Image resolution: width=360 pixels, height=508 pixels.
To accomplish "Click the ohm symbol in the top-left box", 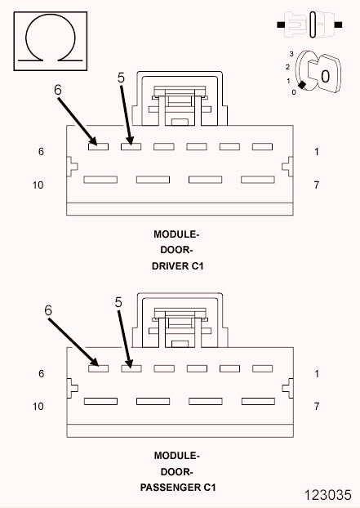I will (50, 38).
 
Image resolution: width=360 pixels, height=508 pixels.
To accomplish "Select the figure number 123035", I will (331, 495).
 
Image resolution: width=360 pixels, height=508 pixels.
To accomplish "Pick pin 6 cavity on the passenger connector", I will (98, 368).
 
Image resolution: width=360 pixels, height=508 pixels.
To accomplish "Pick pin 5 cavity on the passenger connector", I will (131, 368).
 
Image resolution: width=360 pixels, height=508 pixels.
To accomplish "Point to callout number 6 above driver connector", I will (58, 91).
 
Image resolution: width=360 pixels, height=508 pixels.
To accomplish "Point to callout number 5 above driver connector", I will (121, 77).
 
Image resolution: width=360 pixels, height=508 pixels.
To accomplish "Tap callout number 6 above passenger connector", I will (48, 310).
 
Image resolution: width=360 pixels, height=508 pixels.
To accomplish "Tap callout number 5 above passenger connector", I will (118, 301).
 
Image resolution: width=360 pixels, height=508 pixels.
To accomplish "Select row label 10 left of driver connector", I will (38, 185).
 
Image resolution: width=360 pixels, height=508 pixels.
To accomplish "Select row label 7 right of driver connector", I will (316, 185).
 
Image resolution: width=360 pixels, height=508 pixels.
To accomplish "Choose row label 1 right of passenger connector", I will (316, 373).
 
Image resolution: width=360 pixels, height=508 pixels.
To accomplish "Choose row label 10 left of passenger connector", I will (38, 406).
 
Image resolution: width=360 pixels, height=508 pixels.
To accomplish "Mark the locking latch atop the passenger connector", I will (177, 320).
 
